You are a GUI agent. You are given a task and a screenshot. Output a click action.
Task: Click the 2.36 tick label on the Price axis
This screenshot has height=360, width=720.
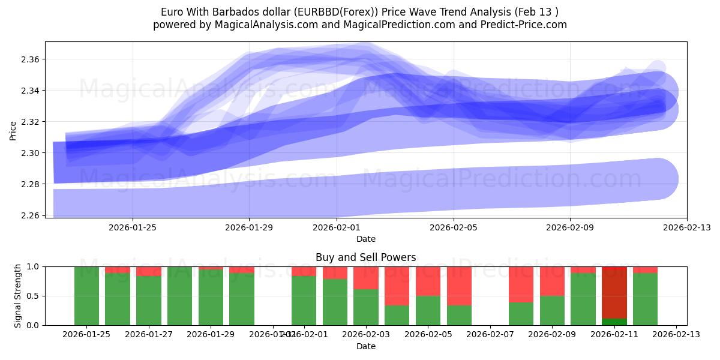tap(31, 59)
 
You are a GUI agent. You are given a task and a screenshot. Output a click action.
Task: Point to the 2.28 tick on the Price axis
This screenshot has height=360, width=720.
tap(31, 184)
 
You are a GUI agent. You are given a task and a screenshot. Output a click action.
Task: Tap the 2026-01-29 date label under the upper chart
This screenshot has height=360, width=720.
tap(249, 228)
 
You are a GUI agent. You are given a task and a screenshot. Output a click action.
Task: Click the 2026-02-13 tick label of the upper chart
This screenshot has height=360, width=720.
tap(686, 228)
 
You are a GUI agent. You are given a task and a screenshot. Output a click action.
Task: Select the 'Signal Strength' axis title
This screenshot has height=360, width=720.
tap(18, 296)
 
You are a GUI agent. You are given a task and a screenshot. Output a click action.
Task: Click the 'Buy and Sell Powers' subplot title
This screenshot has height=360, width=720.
tap(365, 257)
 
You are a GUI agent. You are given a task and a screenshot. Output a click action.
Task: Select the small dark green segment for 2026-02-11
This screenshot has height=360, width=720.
tap(614, 322)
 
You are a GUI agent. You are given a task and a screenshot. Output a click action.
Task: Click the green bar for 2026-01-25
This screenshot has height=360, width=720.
tap(86, 296)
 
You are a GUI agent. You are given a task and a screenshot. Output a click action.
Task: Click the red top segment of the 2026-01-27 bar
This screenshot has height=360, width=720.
tap(149, 271)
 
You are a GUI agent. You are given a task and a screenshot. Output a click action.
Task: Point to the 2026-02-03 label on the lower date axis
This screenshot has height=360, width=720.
tap(366, 335)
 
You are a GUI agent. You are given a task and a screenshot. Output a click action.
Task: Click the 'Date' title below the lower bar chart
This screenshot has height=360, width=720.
tap(365, 346)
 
